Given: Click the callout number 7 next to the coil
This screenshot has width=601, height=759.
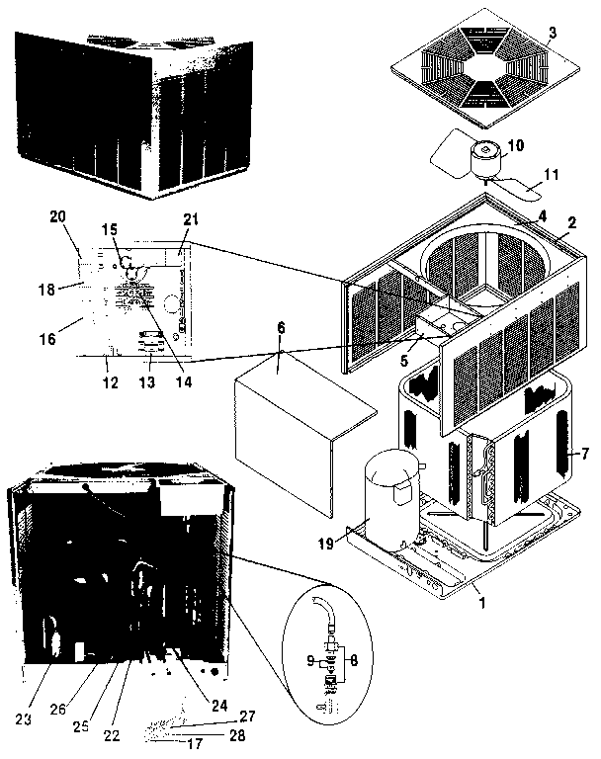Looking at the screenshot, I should [585, 455].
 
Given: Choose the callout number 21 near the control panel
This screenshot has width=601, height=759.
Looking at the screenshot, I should [191, 218].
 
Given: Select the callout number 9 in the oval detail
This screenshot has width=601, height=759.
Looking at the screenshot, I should [307, 659].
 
